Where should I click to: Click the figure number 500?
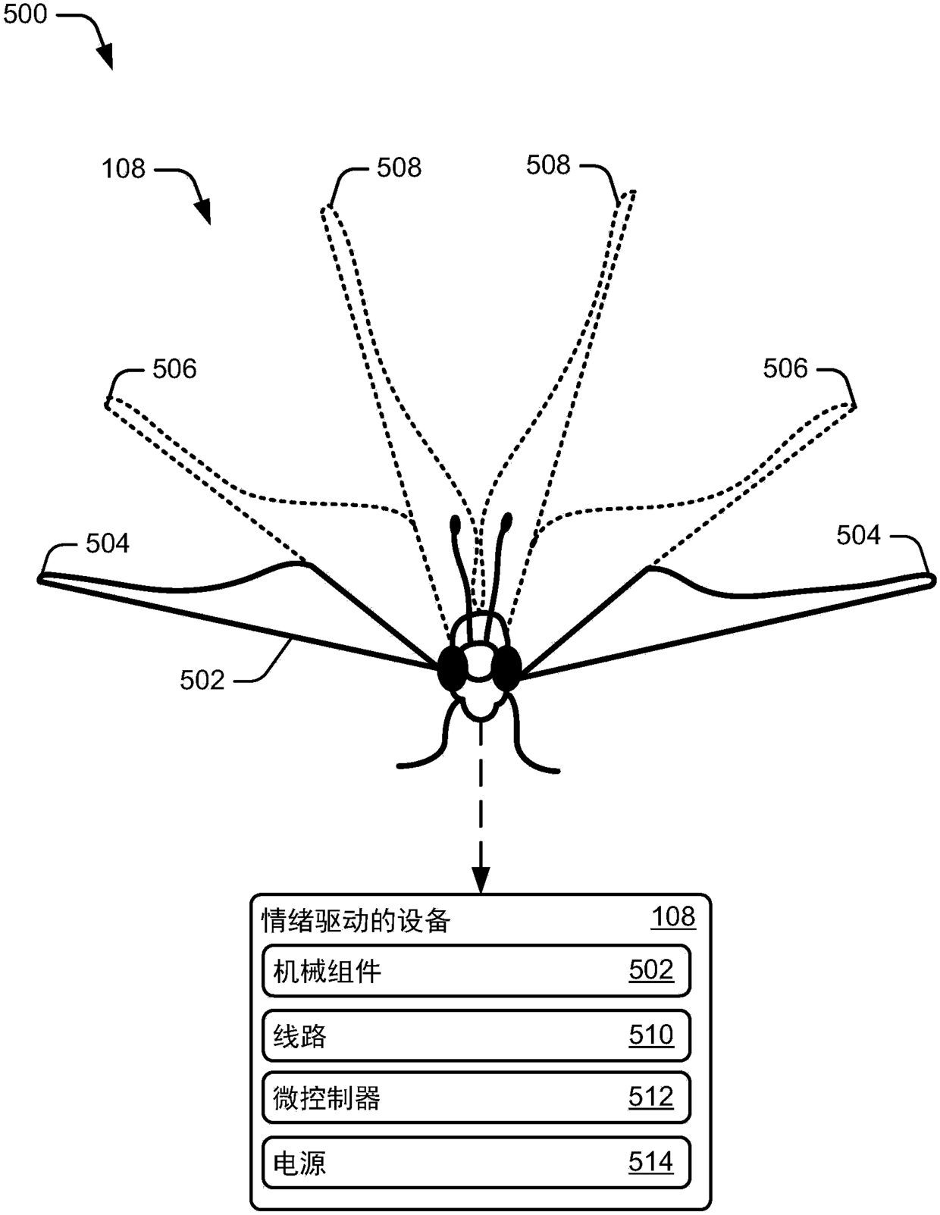pyautogui.click(x=25, y=14)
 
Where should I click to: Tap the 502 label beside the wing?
pyautogui.click(x=202, y=680)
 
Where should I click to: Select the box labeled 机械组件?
pyautogui.click(x=476, y=970)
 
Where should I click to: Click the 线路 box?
pyautogui.click(x=476, y=1035)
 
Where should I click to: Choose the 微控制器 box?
pyautogui.click(x=476, y=1098)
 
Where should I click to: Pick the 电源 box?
pyautogui.click(x=476, y=1162)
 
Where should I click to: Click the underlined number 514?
pyautogui.click(x=650, y=1162)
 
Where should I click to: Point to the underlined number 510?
pyautogui.click(x=650, y=1035)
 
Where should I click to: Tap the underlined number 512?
pyautogui.click(x=650, y=1098)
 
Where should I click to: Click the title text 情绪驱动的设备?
pyautogui.click(x=356, y=921)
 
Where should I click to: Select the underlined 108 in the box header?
pyautogui.click(x=673, y=917)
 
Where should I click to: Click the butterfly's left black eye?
pyautogui.click(x=453, y=668)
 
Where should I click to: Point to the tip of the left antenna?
pyautogui.click(x=456, y=524)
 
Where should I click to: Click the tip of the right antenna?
pyautogui.click(x=506, y=521)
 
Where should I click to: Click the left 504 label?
pyautogui.click(x=108, y=543)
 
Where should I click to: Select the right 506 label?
pyautogui.click(x=785, y=369)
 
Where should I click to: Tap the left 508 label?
pyautogui.click(x=399, y=168)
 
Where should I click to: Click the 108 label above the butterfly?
pyautogui.click(x=123, y=168)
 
